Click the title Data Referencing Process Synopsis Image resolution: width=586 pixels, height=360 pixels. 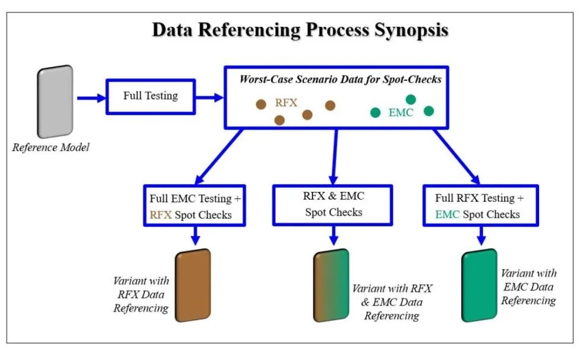click(x=300, y=31)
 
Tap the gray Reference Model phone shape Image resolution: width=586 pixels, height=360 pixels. click(x=56, y=102)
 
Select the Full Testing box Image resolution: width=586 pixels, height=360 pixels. click(x=150, y=96)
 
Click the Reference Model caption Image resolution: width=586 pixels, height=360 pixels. click(x=51, y=147)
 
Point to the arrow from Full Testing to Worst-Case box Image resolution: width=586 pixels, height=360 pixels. click(x=209, y=96)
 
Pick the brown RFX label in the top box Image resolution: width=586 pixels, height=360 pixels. click(x=286, y=102)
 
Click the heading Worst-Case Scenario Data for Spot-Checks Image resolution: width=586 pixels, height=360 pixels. click(x=340, y=79)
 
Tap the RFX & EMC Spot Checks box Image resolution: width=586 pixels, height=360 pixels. click(x=333, y=203)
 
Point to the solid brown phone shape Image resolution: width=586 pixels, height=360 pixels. click(x=194, y=286)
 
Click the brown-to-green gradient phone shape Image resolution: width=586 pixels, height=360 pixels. click(x=331, y=286)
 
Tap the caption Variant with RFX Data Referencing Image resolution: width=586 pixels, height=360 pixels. click(x=141, y=294)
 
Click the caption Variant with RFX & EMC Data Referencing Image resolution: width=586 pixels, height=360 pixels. click(x=392, y=302)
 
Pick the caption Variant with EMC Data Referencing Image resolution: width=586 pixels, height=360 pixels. click(x=528, y=287)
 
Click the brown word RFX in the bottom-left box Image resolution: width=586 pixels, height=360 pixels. click(x=160, y=214)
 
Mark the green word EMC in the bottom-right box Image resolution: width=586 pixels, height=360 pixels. click(x=448, y=214)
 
